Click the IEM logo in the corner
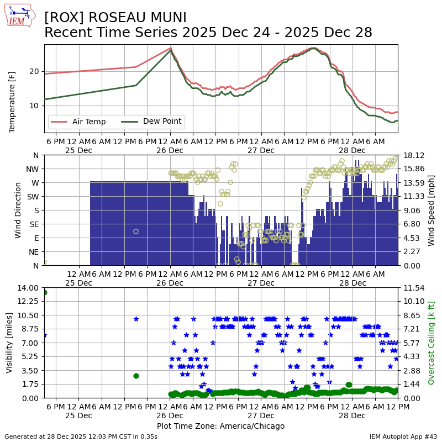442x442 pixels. (x=20, y=16)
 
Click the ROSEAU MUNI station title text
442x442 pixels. (x=115, y=18)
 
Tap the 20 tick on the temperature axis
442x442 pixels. (x=34, y=71)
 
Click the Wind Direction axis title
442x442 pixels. (x=18, y=210)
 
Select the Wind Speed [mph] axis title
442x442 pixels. (x=432, y=210)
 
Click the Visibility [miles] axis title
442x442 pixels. (x=9, y=343)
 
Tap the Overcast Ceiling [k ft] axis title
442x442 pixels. (x=432, y=343)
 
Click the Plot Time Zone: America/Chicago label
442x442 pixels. (x=220, y=426)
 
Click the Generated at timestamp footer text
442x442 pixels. (x=81, y=436)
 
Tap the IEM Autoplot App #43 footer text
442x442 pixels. (x=403, y=436)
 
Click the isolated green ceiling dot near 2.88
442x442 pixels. (x=136, y=376)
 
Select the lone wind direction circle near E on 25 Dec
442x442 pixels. (x=136, y=231)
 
